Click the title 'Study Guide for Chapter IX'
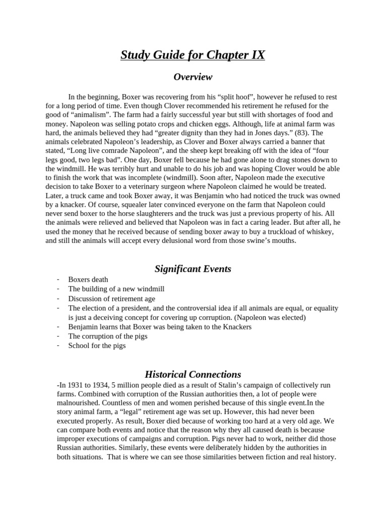193,55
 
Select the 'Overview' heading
193,77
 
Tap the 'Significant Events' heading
193,269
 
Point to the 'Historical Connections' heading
193,375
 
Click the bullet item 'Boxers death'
88,280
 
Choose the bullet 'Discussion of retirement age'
112,299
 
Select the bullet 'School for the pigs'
97,346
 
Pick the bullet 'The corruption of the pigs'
108,336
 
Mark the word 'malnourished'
79,403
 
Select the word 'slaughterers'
164,214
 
